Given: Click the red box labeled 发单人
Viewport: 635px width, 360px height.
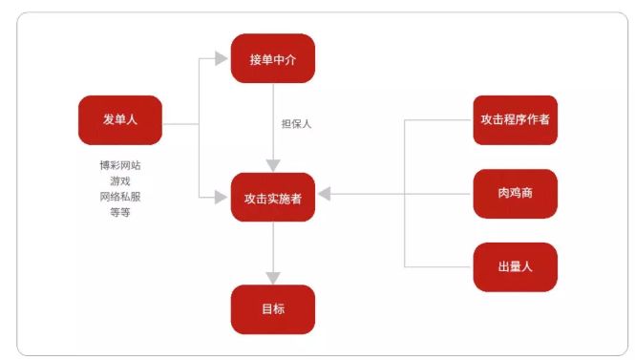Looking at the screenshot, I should coord(120,119).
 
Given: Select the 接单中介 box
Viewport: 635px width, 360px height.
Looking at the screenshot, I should coord(273,58).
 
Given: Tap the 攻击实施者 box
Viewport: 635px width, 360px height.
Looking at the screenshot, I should coord(273,198).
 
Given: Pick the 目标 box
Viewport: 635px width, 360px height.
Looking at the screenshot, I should coord(273,309).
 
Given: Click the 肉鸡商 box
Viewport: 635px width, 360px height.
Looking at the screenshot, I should coord(515,194).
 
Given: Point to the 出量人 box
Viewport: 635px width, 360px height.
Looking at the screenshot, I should coord(515,267).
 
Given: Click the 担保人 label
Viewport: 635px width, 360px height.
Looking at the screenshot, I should coord(296,124).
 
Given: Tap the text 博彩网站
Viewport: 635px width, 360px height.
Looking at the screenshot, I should coord(120,164).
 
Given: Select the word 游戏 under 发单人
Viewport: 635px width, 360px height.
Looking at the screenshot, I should coord(120,180).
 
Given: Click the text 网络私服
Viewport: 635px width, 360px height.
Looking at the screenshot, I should coord(120,196).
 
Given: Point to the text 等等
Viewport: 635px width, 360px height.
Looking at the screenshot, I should coord(120,212).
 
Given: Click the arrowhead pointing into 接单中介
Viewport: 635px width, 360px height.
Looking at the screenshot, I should coord(223,58).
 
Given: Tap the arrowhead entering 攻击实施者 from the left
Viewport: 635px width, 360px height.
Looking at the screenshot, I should coord(223,197).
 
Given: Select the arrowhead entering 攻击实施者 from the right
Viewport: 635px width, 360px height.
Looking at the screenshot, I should coord(325,194).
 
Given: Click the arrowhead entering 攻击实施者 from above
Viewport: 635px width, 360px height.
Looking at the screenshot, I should coord(273,165).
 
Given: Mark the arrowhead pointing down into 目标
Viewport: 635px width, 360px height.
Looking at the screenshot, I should coord(273,278).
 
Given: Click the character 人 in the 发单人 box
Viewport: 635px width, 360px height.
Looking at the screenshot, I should coord(133,119).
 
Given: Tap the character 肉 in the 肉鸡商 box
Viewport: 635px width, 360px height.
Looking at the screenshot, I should coord(502,194).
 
